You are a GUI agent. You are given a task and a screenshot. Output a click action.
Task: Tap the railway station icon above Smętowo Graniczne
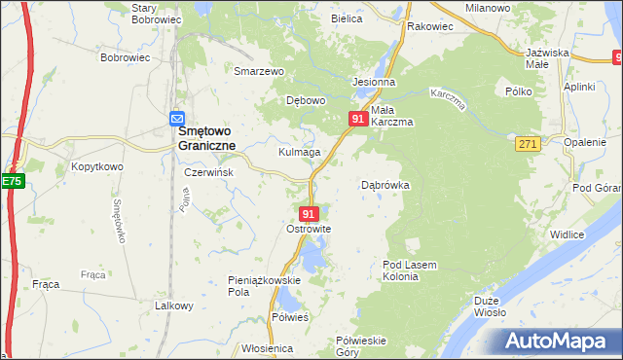177,116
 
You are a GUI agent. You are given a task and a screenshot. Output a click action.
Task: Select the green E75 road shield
12,181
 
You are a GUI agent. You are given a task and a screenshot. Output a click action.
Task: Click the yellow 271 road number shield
528,143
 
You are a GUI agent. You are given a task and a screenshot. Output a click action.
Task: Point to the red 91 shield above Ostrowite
309,213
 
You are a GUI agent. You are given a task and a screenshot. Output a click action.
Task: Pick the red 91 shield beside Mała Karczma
357,119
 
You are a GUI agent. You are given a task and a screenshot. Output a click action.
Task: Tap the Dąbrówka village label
385,184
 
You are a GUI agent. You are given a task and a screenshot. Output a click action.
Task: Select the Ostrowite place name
309,229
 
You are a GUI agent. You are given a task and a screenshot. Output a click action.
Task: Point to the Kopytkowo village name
96,166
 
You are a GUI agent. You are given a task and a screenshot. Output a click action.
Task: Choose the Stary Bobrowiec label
158,14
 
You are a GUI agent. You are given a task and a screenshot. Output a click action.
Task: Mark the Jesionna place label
373,83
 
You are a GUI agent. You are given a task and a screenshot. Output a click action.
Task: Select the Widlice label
567,234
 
